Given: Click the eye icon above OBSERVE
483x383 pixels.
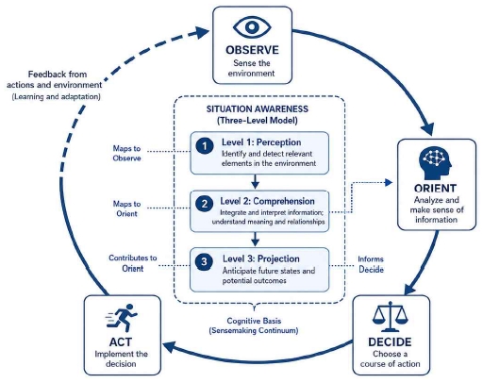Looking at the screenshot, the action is [252, 27].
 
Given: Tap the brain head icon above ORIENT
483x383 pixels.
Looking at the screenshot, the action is [436, 163].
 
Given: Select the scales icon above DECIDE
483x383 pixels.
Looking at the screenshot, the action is [391, 317].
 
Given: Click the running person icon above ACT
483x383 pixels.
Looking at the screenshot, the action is [122, 318].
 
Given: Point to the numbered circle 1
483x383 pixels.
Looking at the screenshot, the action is [205, 146].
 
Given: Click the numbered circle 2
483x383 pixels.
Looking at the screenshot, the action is [205, 204].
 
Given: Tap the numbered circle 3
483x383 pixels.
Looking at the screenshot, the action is [204, 261].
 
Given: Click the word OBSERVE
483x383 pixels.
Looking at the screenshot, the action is [252, 50].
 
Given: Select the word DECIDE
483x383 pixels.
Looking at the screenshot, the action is [390, 341].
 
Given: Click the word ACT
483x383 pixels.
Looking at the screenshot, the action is [121, 341].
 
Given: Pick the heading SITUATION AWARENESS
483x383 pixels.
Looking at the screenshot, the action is [258, 109].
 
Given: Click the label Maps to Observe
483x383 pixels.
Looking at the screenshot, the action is [126, 153].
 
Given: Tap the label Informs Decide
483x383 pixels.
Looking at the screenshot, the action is [371, 264].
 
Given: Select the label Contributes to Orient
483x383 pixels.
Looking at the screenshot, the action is [133, 263].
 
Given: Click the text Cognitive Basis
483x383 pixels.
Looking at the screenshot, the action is [254, 321].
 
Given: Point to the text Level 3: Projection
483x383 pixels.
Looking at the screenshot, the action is [261, 258].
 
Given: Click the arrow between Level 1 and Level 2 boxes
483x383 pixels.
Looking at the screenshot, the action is [256, 181].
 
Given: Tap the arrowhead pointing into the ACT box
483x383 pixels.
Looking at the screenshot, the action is [169, 347].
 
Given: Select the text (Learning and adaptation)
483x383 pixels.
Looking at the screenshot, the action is [57, 96].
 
